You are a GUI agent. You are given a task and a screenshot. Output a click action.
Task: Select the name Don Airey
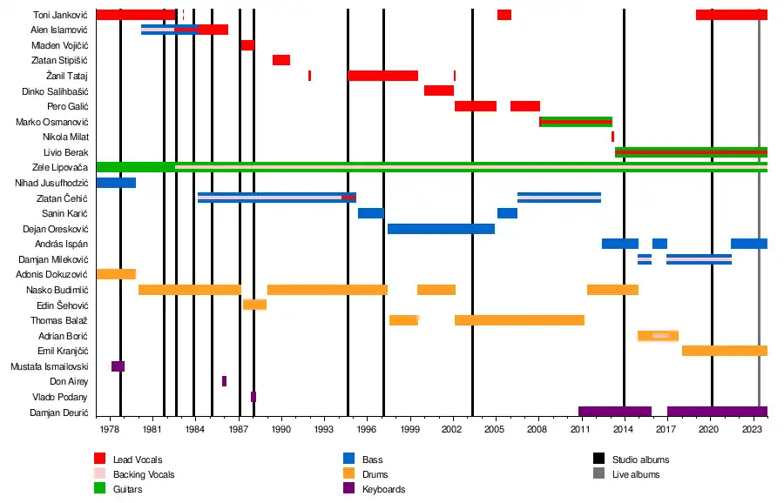(x=68, y=381)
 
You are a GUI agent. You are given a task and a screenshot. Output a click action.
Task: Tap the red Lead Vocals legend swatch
(x=100, y=459)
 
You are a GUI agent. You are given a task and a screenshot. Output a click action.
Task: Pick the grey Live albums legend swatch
(x=598, y=474)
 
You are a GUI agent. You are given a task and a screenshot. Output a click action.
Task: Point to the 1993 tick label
(x=324, y=430)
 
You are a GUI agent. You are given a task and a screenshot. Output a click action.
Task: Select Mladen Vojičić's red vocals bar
(x=247, y=45)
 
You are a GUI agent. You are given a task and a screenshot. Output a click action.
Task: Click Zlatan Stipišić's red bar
(x=280, y=60)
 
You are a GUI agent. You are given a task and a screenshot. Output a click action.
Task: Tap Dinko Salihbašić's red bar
(x=438, y=91)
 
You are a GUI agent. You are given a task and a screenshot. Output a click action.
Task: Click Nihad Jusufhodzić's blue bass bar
(x=115, y=183)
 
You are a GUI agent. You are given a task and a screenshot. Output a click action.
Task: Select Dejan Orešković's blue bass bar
(x=441, y=229)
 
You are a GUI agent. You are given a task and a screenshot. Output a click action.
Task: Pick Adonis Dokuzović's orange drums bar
(x=115, y=274)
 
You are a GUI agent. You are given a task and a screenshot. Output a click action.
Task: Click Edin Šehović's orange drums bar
(x=254, y=305)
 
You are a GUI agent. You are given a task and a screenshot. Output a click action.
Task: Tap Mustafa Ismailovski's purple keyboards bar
(x=118, y=366)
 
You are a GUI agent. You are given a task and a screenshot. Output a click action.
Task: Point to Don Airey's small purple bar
(x=224, y=381)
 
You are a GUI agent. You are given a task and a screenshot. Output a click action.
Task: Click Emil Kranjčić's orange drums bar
(x=724, y=351)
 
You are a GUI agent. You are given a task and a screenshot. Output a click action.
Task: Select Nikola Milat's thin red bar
(x=612, y=137)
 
